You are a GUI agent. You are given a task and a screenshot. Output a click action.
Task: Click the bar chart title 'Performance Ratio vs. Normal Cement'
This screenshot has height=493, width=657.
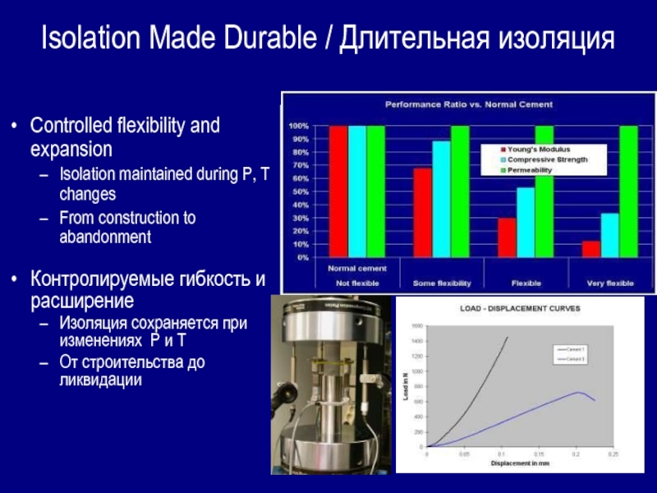coord(470,105)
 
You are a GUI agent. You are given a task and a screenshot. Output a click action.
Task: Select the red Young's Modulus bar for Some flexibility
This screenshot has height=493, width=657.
coord(422,213)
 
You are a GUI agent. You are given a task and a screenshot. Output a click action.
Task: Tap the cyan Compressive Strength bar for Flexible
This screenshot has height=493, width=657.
coord(525,223)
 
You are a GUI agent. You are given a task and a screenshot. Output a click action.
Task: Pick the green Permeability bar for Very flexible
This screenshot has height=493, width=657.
coord(627,191)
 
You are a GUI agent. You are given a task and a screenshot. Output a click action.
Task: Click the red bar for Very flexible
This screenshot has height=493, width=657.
coord(590,249)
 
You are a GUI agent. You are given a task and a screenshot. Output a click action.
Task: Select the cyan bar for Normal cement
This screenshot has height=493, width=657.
coord(356,191)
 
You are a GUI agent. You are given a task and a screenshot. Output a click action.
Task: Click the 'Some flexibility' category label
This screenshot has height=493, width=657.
coord(442,283)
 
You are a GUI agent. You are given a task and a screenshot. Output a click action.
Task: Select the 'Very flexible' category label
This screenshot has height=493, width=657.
coord(610,283)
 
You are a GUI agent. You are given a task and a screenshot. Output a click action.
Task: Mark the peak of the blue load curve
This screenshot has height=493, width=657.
coord(578,392)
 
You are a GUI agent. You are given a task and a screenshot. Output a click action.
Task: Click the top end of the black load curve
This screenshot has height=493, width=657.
coord(508,337)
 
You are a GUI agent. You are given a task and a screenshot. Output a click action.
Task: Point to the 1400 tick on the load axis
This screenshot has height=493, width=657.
coord(416,339)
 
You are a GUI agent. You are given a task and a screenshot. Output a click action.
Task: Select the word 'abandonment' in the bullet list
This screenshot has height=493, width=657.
coord(105,237)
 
